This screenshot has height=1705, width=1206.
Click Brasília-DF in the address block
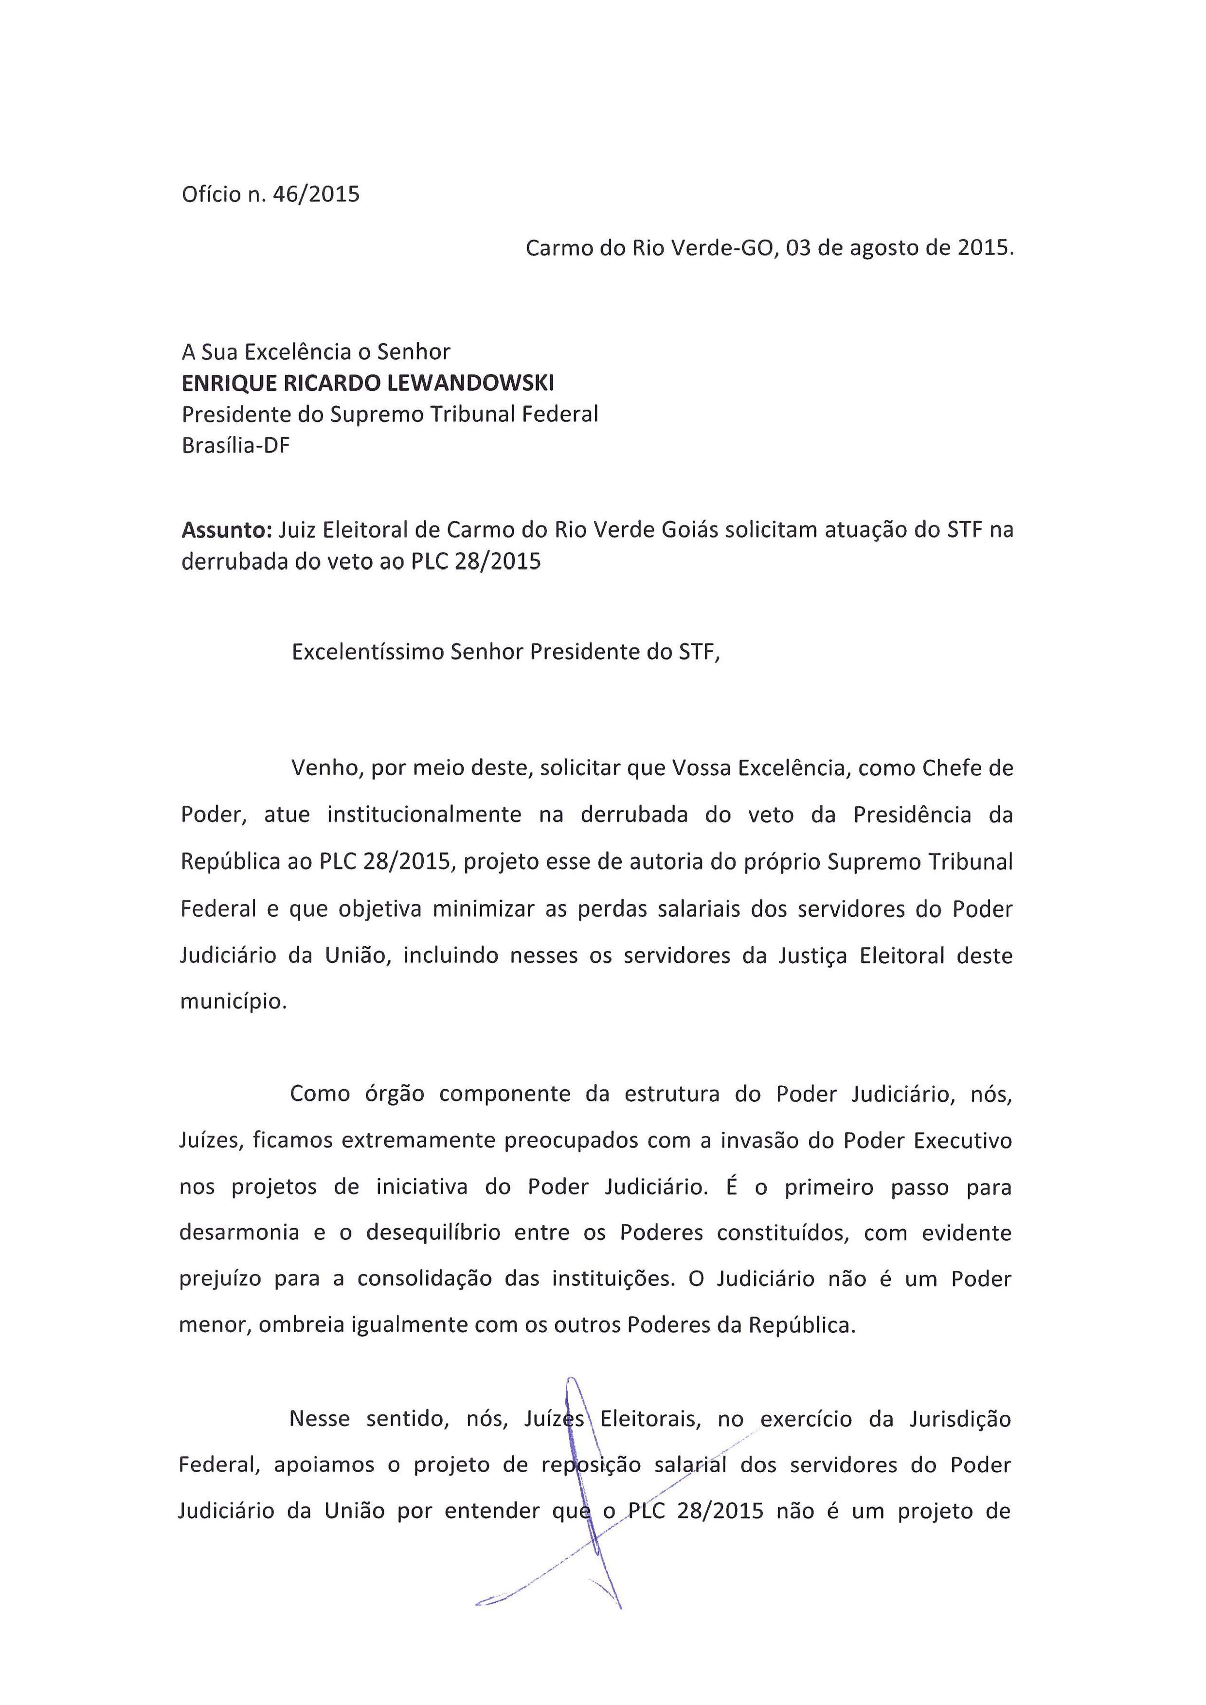235,446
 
